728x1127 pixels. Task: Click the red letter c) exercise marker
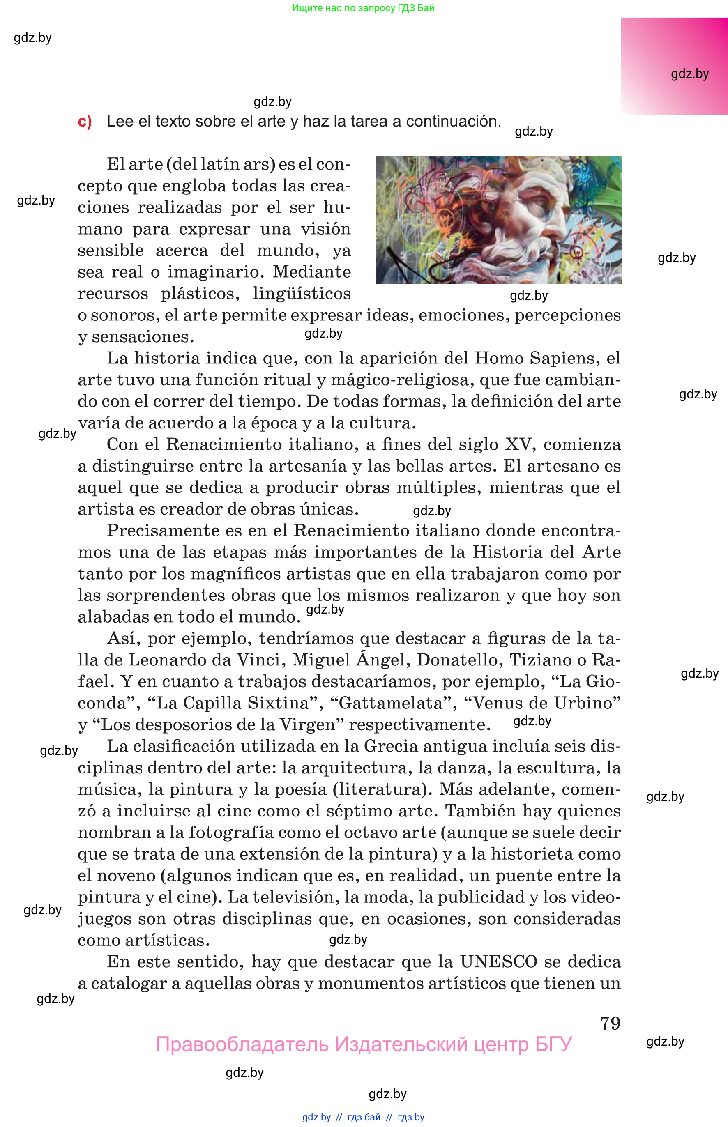[85, 122]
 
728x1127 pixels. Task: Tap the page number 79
[610, 1023]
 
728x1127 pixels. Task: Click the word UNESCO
[499, 961]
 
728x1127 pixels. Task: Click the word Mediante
[311, 272]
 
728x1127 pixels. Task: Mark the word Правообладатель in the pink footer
[242, 1044]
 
